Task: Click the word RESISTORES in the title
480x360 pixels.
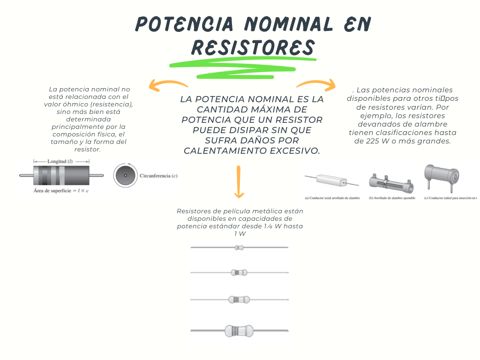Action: (253, 47)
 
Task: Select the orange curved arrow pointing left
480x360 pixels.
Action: (166, 85)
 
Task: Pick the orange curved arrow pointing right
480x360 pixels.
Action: (317, 85)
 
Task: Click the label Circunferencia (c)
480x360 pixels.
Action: (158, 176)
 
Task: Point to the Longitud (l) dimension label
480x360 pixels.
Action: (60, 161)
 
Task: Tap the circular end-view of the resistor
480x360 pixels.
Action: (125, 176)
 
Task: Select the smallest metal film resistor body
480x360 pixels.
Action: (239, 247)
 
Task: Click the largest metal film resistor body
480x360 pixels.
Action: (239, 331)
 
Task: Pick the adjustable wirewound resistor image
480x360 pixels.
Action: (391, 182)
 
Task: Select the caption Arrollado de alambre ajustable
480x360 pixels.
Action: (393, 198)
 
